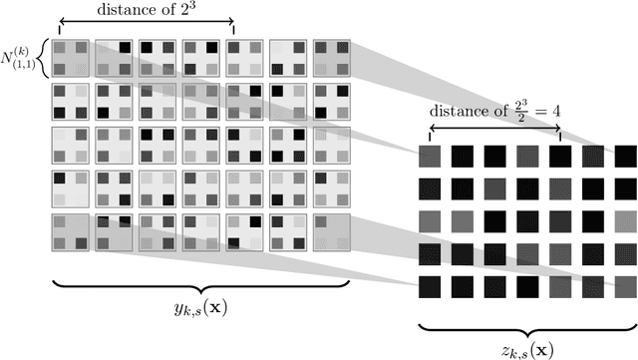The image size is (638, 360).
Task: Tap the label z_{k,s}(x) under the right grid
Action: click(x=525, y=347)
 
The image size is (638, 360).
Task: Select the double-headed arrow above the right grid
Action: click(x=493, y=129)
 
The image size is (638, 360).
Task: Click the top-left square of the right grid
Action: click(x=429, y=157)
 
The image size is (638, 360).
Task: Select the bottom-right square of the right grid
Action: click(x=625, y=287)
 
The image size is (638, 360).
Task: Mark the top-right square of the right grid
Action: click(x=625, y=157)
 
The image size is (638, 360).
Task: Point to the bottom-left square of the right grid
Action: click(x=429, y=287)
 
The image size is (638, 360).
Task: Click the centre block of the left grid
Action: click(x=202, y=146)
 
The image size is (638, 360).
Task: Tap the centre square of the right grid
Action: click(x=526, y=221)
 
